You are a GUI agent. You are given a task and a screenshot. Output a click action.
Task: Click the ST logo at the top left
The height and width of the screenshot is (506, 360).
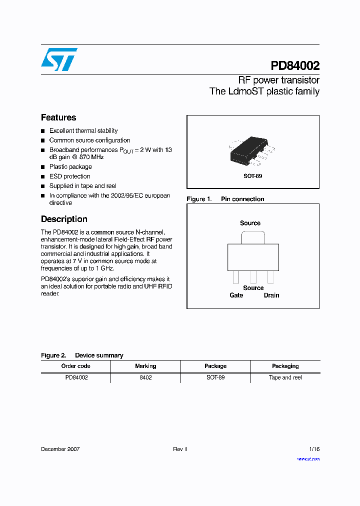[59, 59]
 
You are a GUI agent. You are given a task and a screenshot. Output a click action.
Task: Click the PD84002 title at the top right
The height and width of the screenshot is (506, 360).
[295, 66]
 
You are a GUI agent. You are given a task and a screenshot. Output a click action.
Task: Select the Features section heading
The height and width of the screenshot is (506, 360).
[58, 117]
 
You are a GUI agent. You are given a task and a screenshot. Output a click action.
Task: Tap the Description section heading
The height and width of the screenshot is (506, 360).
[64, 219]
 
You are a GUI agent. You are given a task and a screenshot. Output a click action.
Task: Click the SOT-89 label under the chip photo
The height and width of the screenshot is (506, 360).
[252, 176]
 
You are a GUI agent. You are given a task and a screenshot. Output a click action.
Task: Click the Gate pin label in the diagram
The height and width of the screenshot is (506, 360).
[236, 295]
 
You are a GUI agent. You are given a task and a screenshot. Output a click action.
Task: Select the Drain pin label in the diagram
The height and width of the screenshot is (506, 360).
[271, 295]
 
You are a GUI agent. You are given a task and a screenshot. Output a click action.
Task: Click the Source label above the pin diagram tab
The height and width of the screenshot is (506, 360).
[250, 223]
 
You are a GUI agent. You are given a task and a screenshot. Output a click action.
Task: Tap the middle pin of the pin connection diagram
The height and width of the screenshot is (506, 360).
[253, 277]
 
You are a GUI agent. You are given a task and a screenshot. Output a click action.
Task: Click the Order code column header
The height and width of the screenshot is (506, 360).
[76, 366]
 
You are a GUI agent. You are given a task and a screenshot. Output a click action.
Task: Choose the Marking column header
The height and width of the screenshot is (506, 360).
[145, 366]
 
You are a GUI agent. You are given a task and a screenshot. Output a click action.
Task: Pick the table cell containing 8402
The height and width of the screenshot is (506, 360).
[145, 377]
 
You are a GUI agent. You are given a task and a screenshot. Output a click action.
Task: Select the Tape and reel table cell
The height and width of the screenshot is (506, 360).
[285, 377]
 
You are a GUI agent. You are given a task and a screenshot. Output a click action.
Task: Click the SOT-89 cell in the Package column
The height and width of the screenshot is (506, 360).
[215, 377]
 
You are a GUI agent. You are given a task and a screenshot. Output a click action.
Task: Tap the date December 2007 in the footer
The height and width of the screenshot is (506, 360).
[60, 449]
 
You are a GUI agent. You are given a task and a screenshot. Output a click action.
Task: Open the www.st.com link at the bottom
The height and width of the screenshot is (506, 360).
[308, 458]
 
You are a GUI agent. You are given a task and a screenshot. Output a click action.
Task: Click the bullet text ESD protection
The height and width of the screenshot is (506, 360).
[69, 176]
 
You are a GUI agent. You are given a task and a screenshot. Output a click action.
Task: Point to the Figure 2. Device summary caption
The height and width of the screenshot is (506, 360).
[82, 355]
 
